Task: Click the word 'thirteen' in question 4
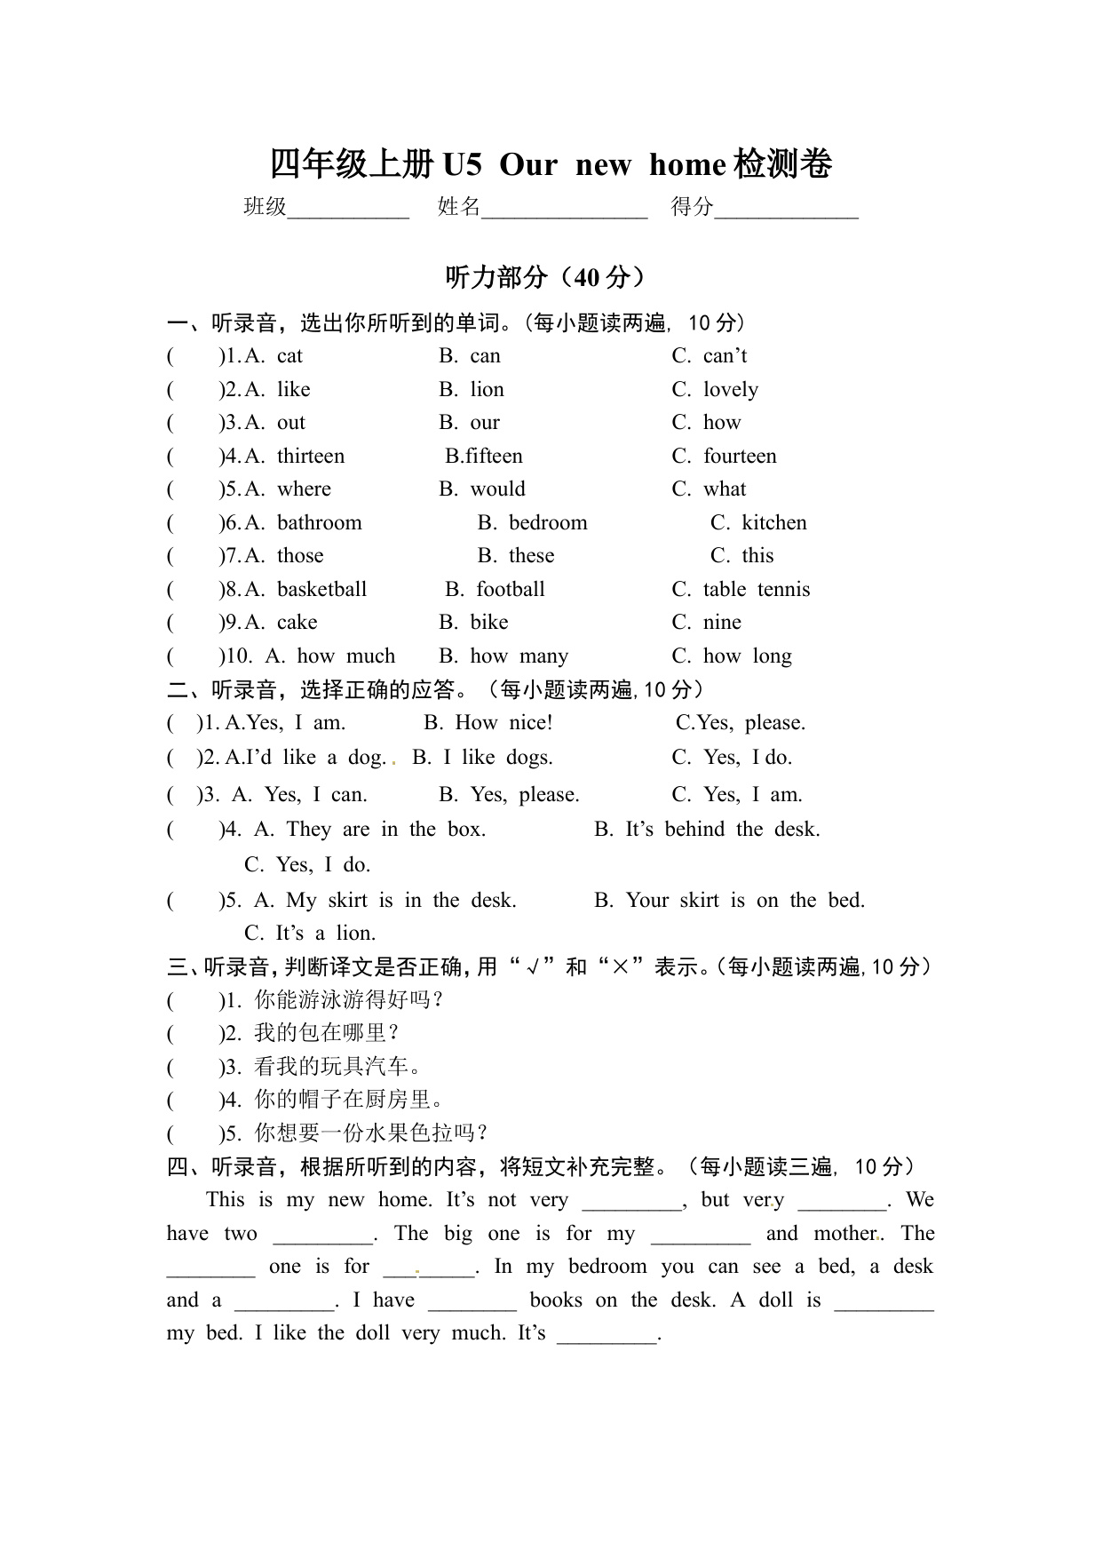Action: click(x=310, y=457)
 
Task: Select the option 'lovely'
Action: click(x=730, y=390)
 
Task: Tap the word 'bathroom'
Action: click(x=319, y=523)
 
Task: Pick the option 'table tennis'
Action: click(x=756, y=590)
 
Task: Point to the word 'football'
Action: click(x=510, y=590)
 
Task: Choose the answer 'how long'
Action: click(x=747, y=656)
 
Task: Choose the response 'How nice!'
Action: click(x=503, y=723)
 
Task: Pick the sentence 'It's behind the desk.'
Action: click(x=722, y=830)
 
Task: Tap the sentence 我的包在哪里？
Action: click(x=327, y=1033)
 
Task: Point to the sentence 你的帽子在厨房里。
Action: click(x=348, y=1100)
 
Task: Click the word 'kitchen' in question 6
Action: click(x=773, y=523)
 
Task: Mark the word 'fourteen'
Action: click(x=740, y=457)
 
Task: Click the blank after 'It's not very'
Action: click(x=631, y=1202)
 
